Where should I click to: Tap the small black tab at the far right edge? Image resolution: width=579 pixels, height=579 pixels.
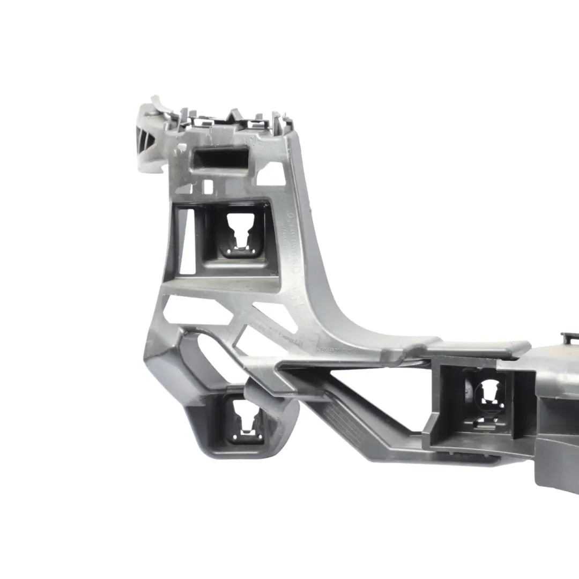[570, 338]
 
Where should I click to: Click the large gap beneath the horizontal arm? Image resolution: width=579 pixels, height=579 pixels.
[375, 386]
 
